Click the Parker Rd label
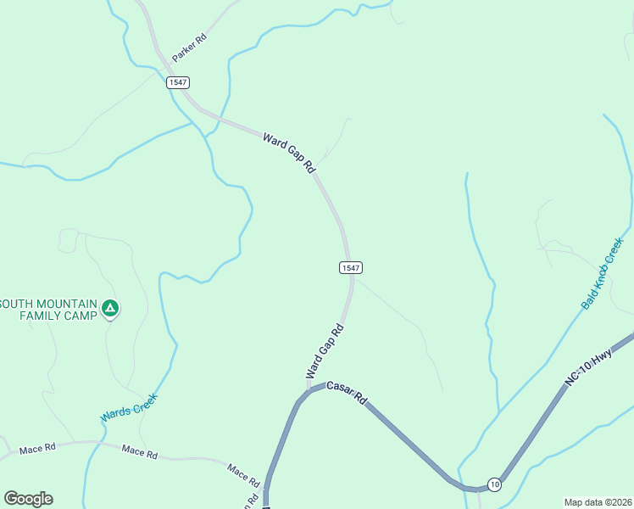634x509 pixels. (x=189, y=48)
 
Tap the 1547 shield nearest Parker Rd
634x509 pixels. (x=177, y=82)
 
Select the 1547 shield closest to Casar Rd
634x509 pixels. (x=352, y=267)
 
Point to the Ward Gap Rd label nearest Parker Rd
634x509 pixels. (x=289, y=153)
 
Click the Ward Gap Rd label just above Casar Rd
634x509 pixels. (x=325, y=351)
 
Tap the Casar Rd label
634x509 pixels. (x=346, y=392)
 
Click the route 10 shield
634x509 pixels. (x=494, y=484)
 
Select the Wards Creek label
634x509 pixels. (x=129, y=407)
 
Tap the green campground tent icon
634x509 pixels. (x=108, y=307)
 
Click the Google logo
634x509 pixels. (x=28, y=499)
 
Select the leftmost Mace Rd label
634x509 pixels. (x=37, y=447)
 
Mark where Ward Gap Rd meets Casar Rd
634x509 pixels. (x=308, y=391)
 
